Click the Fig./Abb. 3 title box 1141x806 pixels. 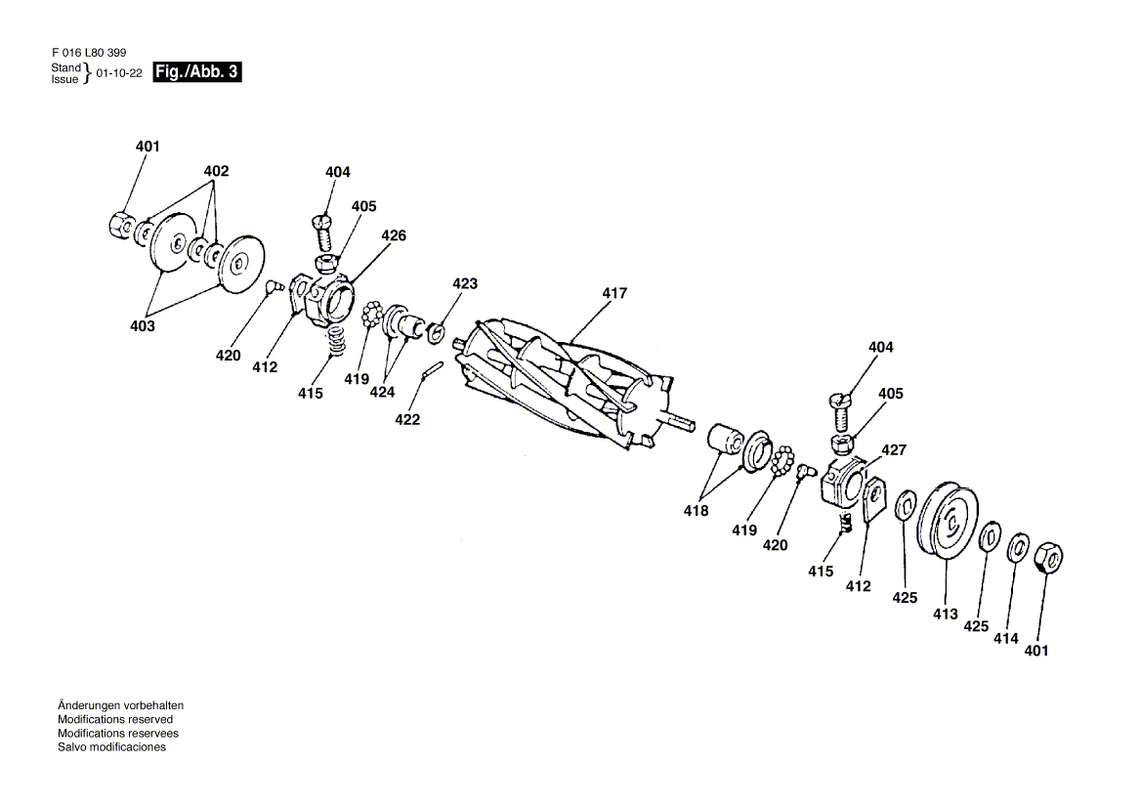click(x=196, y=71)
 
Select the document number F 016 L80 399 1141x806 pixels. click(x=87, y=52)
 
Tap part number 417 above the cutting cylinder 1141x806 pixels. click(x=613, y=293)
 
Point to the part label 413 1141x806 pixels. click(x=945, y=615)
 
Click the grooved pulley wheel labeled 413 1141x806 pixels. click(x=948, y=523)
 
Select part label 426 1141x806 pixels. click(x=394, y=235)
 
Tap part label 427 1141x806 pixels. click(x=894, y=450)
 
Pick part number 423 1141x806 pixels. click(x=465, y=283)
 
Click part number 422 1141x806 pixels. click(x=407, y=419)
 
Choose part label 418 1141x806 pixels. click(x=697, y=511)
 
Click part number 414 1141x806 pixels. click(x=1006, y=638)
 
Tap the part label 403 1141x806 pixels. click(x=143, y=326)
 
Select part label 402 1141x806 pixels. click(x=216, y=171)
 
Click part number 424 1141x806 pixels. click(x=382, y=392)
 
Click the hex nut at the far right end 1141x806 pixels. click(x=1047, y=557)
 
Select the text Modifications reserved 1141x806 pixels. click(x=115, y=719)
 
